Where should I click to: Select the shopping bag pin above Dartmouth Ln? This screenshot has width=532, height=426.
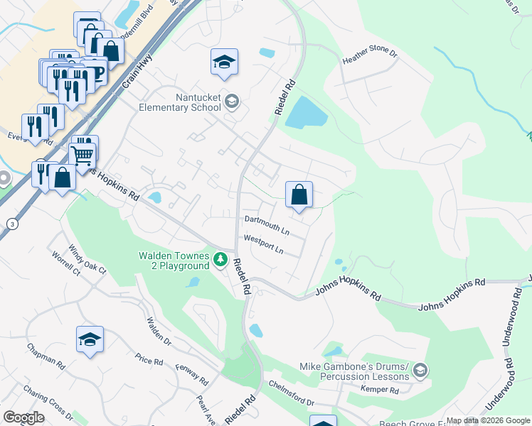[x=299, y=195]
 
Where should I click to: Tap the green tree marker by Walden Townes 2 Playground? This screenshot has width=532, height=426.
[x=221, y=261]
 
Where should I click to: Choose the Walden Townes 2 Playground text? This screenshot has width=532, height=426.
[x=174, y=261]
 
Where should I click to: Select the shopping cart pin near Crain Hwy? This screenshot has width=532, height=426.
[x=83, y=154]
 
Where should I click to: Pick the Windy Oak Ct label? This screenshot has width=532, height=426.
[x=87, y=260]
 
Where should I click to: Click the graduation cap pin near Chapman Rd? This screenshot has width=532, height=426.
[x=90, y=340]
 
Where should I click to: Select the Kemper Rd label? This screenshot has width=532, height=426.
[x=379, y=390]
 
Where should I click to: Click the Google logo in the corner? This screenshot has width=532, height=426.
[x=24, y=417]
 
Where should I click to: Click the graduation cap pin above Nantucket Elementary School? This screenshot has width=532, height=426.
[x=224, y=62]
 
